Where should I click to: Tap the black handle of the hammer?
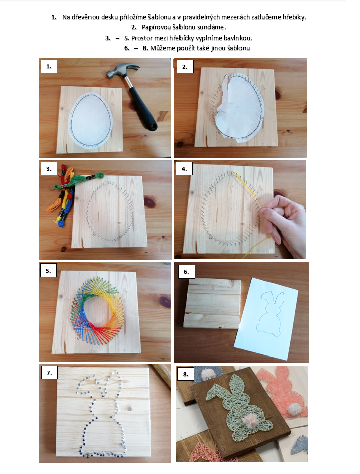(x=143, y=108)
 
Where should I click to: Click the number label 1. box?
(x=49, y=66)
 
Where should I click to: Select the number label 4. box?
(x=184, y=169)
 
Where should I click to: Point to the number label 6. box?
(x=186, y=272)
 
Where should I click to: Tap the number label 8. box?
(x=186, y=374)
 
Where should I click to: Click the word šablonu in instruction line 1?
(x=160, y=17)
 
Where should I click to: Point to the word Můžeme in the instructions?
(x=161, y=48)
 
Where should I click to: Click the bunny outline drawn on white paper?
(x=271, y=313)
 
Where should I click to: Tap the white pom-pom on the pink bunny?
(x=294, y=408)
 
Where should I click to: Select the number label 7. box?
(x=49, y=373)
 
